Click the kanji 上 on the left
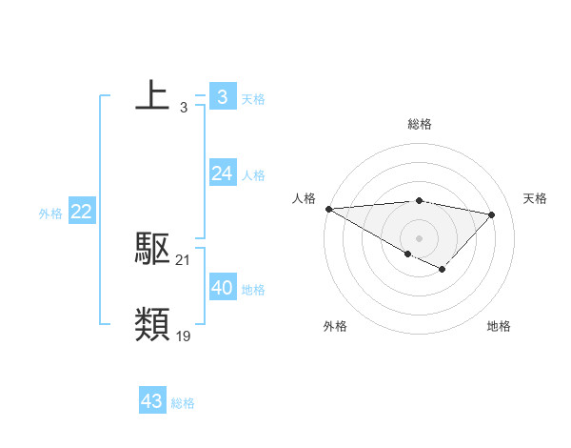click(x=152, y=95)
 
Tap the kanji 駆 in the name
click(x=152, y=249)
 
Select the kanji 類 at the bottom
click(x=152, y=325)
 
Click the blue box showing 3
click(x=222, y=96)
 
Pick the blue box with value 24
click(x=222, y=173)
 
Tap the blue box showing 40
click(x=222, y=288)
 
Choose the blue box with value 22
click(x=81, y=212)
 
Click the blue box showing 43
click(x=151, y=401)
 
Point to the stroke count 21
click(x=184, y=259)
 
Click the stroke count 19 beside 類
click(x=184, y=336)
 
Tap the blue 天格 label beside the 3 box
click(x=253, y=98)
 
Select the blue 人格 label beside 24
click(x=253, y=175)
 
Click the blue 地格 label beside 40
click(x=253, y=290)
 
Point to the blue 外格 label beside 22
click(x=50, y=214)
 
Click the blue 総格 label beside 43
click(x=183, y=403)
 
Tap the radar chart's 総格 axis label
click(x=420, y=124)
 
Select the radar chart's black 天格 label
click(x=536, y=198)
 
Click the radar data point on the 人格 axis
click(x=328, y=209)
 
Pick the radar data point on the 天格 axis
click(x=492, y=214)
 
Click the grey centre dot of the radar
click(x=419, y=236)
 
